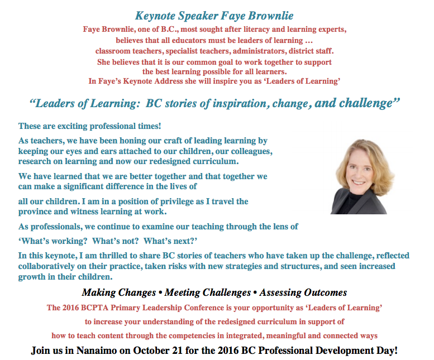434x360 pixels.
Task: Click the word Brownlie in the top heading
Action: tap(271, 16)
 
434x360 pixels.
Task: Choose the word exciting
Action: tap(72, 126)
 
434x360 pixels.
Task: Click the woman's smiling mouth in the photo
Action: tap(360, 183)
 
